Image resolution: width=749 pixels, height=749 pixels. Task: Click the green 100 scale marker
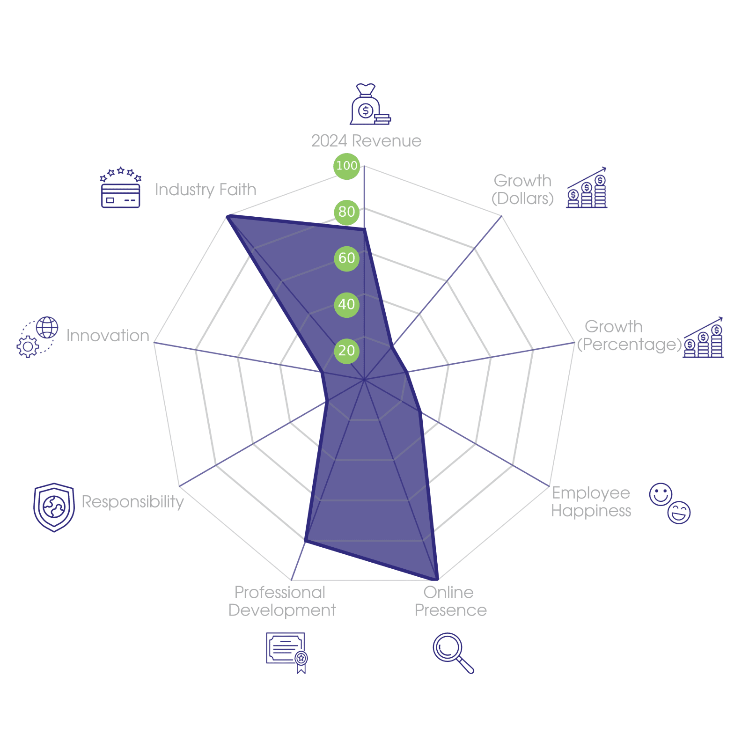346,166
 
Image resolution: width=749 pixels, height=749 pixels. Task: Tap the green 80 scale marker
346,212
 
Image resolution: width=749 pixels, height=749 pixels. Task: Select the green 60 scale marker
346,258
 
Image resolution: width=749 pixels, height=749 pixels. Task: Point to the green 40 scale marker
346,304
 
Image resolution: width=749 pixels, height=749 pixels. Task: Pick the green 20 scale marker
346,351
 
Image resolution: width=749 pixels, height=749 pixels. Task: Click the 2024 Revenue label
366,141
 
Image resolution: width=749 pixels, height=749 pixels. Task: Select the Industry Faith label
206,190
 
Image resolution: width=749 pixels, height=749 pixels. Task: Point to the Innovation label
108,336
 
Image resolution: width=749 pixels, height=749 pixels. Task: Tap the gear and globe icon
37,337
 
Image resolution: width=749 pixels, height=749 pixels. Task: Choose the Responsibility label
133,502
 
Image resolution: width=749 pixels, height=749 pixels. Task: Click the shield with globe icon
54,507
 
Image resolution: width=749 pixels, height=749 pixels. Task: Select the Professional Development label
282,602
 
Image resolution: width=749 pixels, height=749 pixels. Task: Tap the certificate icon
286,652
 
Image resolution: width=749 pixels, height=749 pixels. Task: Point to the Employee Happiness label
591,502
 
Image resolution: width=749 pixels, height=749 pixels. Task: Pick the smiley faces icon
669,503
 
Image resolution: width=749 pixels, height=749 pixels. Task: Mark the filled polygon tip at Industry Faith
227,216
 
